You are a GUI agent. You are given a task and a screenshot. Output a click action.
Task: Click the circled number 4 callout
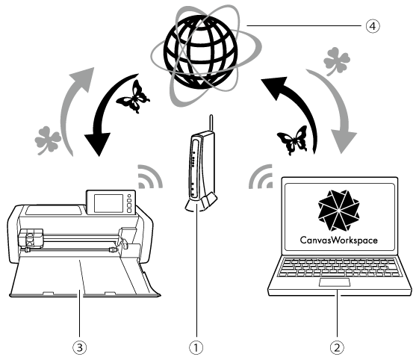click(373, 26)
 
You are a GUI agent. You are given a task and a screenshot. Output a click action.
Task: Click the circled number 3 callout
click(80, 347)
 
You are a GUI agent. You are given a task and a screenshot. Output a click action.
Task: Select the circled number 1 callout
click(196, 347)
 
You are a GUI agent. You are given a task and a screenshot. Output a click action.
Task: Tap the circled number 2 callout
click(337, 347)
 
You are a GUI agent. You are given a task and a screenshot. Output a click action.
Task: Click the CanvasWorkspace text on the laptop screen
click(339, 240)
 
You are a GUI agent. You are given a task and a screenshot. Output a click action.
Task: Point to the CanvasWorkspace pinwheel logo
click(339, 211)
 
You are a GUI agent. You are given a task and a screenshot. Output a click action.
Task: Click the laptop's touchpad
click(335, 282)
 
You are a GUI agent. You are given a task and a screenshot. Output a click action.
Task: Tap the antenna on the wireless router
click(211, 122)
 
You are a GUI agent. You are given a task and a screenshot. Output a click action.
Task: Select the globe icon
click(201, 52)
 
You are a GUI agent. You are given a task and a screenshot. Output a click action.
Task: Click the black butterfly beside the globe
click(134, 97)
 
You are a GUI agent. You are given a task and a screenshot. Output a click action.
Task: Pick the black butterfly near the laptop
click(293, 140)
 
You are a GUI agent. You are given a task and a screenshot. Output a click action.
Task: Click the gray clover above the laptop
click(336, 61)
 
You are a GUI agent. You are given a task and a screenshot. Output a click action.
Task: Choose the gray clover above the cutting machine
click(48, 140)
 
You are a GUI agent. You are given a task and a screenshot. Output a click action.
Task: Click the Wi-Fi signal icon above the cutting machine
click(150, 177)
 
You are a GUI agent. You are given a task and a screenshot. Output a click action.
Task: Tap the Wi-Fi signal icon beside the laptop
click(261, 177)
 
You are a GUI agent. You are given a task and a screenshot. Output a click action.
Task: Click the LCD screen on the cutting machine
click(108, 203)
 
